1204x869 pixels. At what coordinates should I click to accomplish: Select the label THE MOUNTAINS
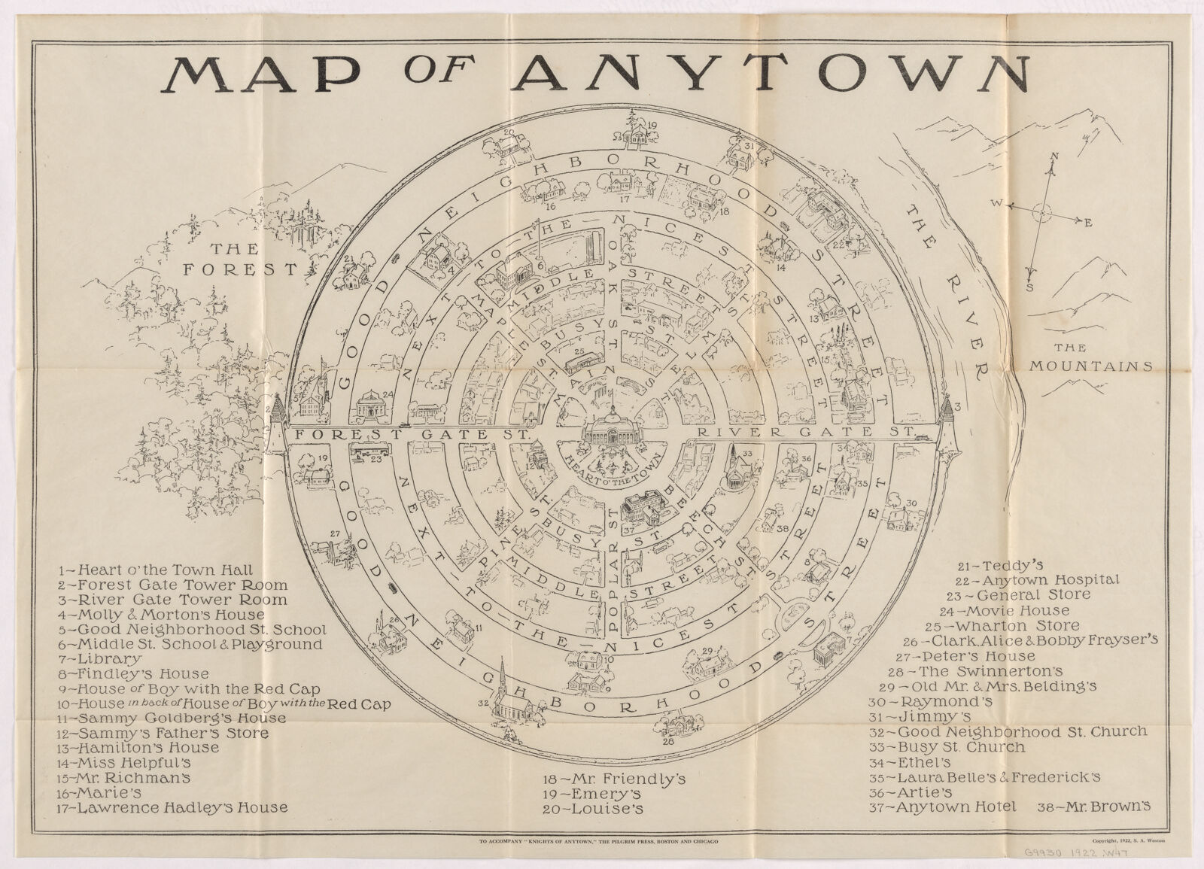coord(1090,358)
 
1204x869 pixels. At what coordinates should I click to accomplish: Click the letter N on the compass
coord(1055,156)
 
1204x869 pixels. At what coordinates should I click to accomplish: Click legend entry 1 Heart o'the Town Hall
coord(156,570)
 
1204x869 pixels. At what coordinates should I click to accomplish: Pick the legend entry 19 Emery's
coord(591,795)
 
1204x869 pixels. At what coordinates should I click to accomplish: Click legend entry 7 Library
coord(100,658)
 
